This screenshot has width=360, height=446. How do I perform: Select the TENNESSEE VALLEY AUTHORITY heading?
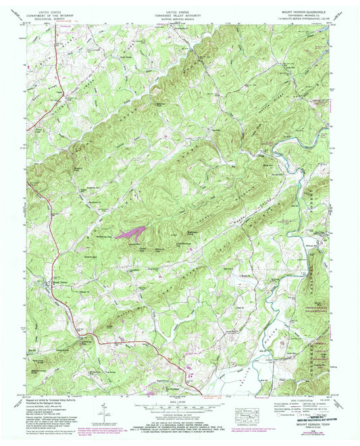pos(180,16)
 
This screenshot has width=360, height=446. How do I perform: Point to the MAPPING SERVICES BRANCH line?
pos(180,19)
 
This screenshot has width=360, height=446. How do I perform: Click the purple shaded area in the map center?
pos(132,233)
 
